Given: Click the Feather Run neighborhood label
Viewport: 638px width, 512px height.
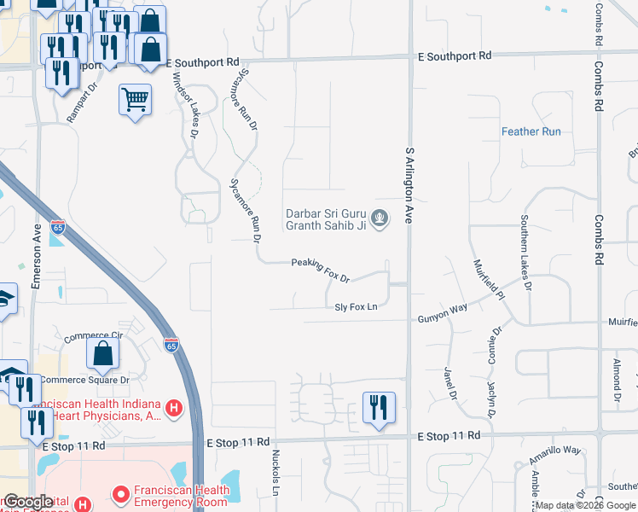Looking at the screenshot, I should click(531, 131).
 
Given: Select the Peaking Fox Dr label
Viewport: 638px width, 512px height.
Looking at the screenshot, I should click(321, 271).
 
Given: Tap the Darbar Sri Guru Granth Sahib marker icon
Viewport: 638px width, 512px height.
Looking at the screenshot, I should click(380, 219).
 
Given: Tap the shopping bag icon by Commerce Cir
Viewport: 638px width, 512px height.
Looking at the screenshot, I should click(102, 354).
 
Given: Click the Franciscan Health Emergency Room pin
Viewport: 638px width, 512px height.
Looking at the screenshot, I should click(120, 494).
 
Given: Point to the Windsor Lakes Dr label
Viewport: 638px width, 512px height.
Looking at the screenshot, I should click(185, 104).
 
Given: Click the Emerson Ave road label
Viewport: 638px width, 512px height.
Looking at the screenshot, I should click(37, 258).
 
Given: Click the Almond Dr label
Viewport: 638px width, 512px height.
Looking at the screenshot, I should click(616, 380).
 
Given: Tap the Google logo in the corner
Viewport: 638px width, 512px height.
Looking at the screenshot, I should click(29, 502).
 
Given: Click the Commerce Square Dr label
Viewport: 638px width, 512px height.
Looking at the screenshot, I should click(84, 380).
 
